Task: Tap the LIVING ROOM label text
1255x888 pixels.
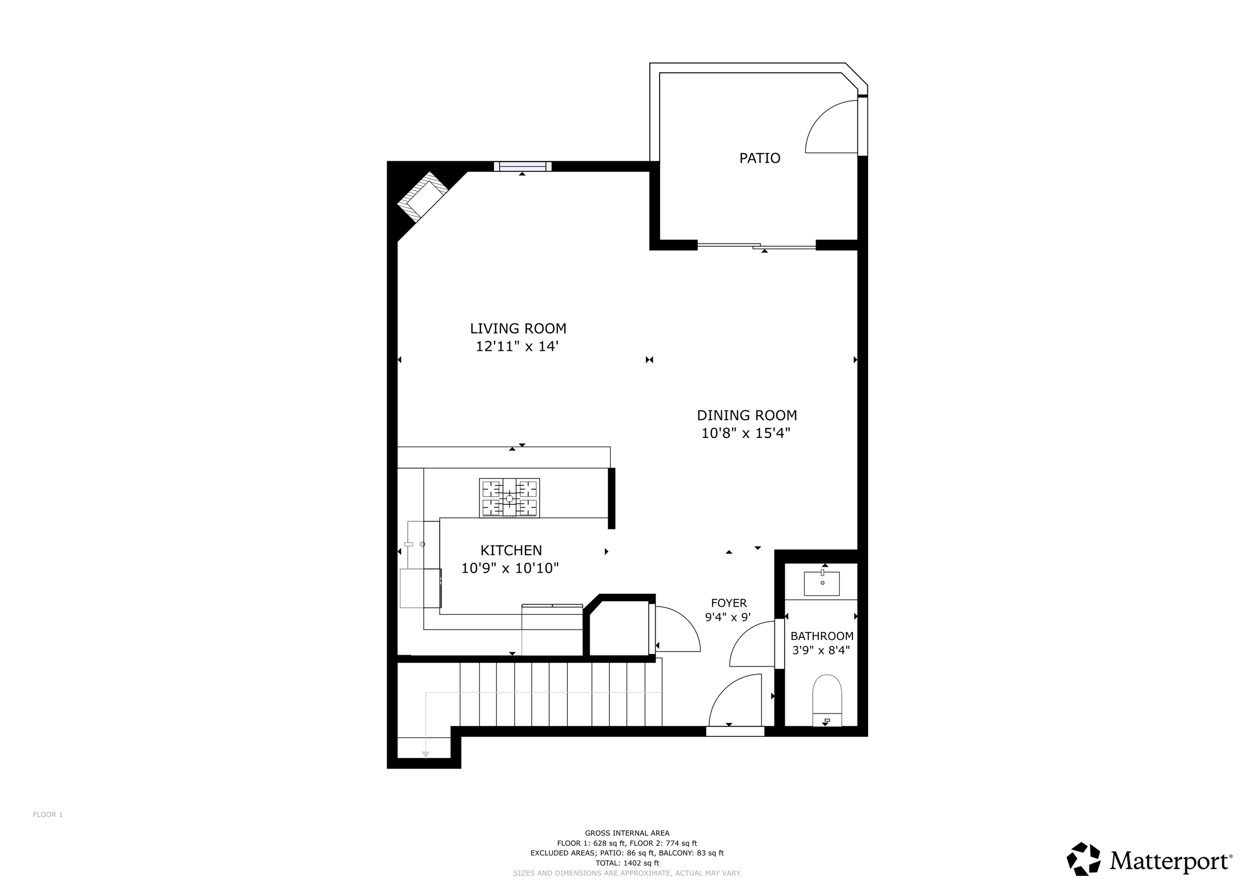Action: [x=518, y=328]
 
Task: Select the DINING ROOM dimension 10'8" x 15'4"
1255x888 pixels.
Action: [x=745, y=433]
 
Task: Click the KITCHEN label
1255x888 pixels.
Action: [x=511, y=550]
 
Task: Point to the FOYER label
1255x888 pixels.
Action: [x=728, y=603]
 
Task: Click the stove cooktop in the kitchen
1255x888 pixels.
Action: [x=510, y=498]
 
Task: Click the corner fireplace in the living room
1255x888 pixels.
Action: [x=423, y=197]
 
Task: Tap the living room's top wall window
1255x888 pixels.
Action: [x=523, y=166]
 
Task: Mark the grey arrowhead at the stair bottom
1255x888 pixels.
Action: [x=426, y=755]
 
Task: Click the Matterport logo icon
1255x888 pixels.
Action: [x=1083, y=859]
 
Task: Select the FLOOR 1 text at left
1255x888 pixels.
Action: [x=48, y=815]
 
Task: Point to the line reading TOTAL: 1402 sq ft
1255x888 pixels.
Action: [x=627, y=863]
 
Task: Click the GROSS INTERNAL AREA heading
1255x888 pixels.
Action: [x=627, y=833]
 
